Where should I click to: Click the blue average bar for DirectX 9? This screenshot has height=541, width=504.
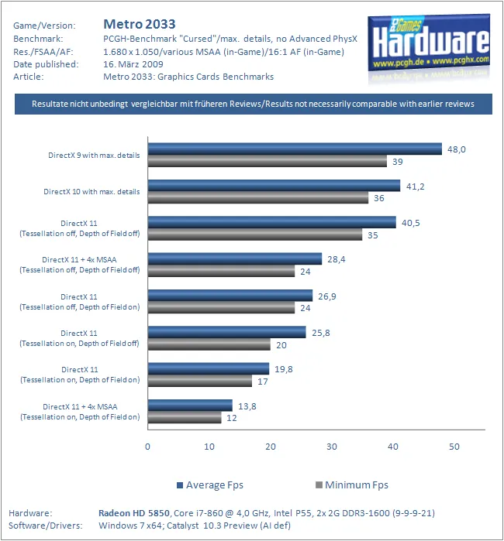coord(295,149)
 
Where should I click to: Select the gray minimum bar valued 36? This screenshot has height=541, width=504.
coord(257,198)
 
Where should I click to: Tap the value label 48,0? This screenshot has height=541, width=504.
coord(456,149)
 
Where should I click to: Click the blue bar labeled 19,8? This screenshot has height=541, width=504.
coord(208,368)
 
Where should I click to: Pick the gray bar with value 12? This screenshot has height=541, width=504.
coord(184,418)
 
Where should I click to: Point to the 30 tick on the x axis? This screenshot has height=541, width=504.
coord(332,447)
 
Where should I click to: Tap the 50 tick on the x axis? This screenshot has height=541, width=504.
coord(454,447)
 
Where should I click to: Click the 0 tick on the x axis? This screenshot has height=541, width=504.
coord(147,447)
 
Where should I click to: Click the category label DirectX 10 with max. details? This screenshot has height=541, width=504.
coord(91,191)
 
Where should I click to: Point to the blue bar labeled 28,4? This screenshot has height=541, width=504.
coord(234,259)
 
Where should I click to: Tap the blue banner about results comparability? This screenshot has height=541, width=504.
coord(253,104)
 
